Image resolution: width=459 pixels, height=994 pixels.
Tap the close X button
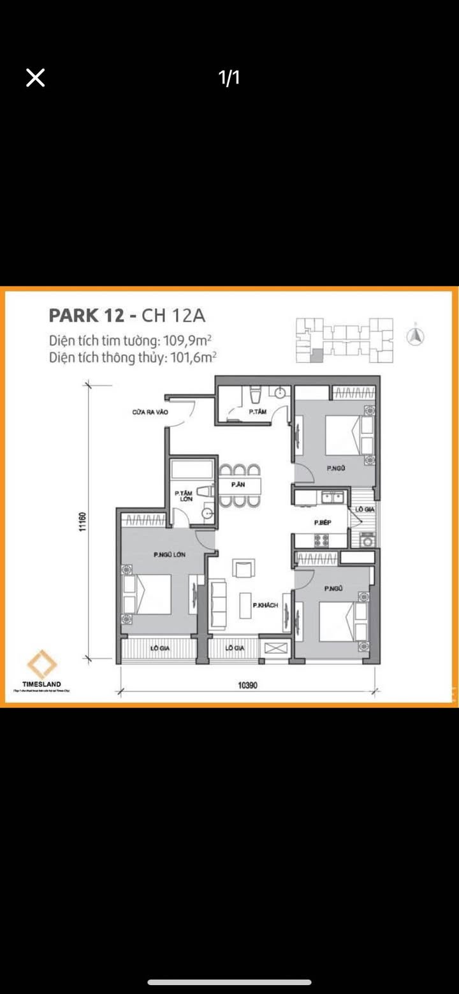coord(36,78)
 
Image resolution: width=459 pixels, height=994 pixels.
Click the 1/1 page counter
coord(229,78)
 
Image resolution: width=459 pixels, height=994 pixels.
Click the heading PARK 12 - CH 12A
coord(127,316)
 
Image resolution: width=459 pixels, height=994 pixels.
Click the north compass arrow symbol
coord(416,336)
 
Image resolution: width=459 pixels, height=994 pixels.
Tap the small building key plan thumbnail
coord(344,340)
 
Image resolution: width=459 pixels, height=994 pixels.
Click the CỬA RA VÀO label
coord(150,413)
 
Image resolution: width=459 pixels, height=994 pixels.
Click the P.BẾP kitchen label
coord(322,523)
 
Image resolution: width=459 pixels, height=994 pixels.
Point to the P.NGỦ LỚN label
coord(169,555)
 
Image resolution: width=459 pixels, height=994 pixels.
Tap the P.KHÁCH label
coord(265,605)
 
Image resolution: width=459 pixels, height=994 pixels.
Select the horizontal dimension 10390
coord(248,686)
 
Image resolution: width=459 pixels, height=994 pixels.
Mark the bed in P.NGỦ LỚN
coord(152,594)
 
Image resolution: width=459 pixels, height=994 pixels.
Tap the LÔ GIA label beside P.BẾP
coord(365,510)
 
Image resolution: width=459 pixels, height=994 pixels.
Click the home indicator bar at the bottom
coord(229,983)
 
